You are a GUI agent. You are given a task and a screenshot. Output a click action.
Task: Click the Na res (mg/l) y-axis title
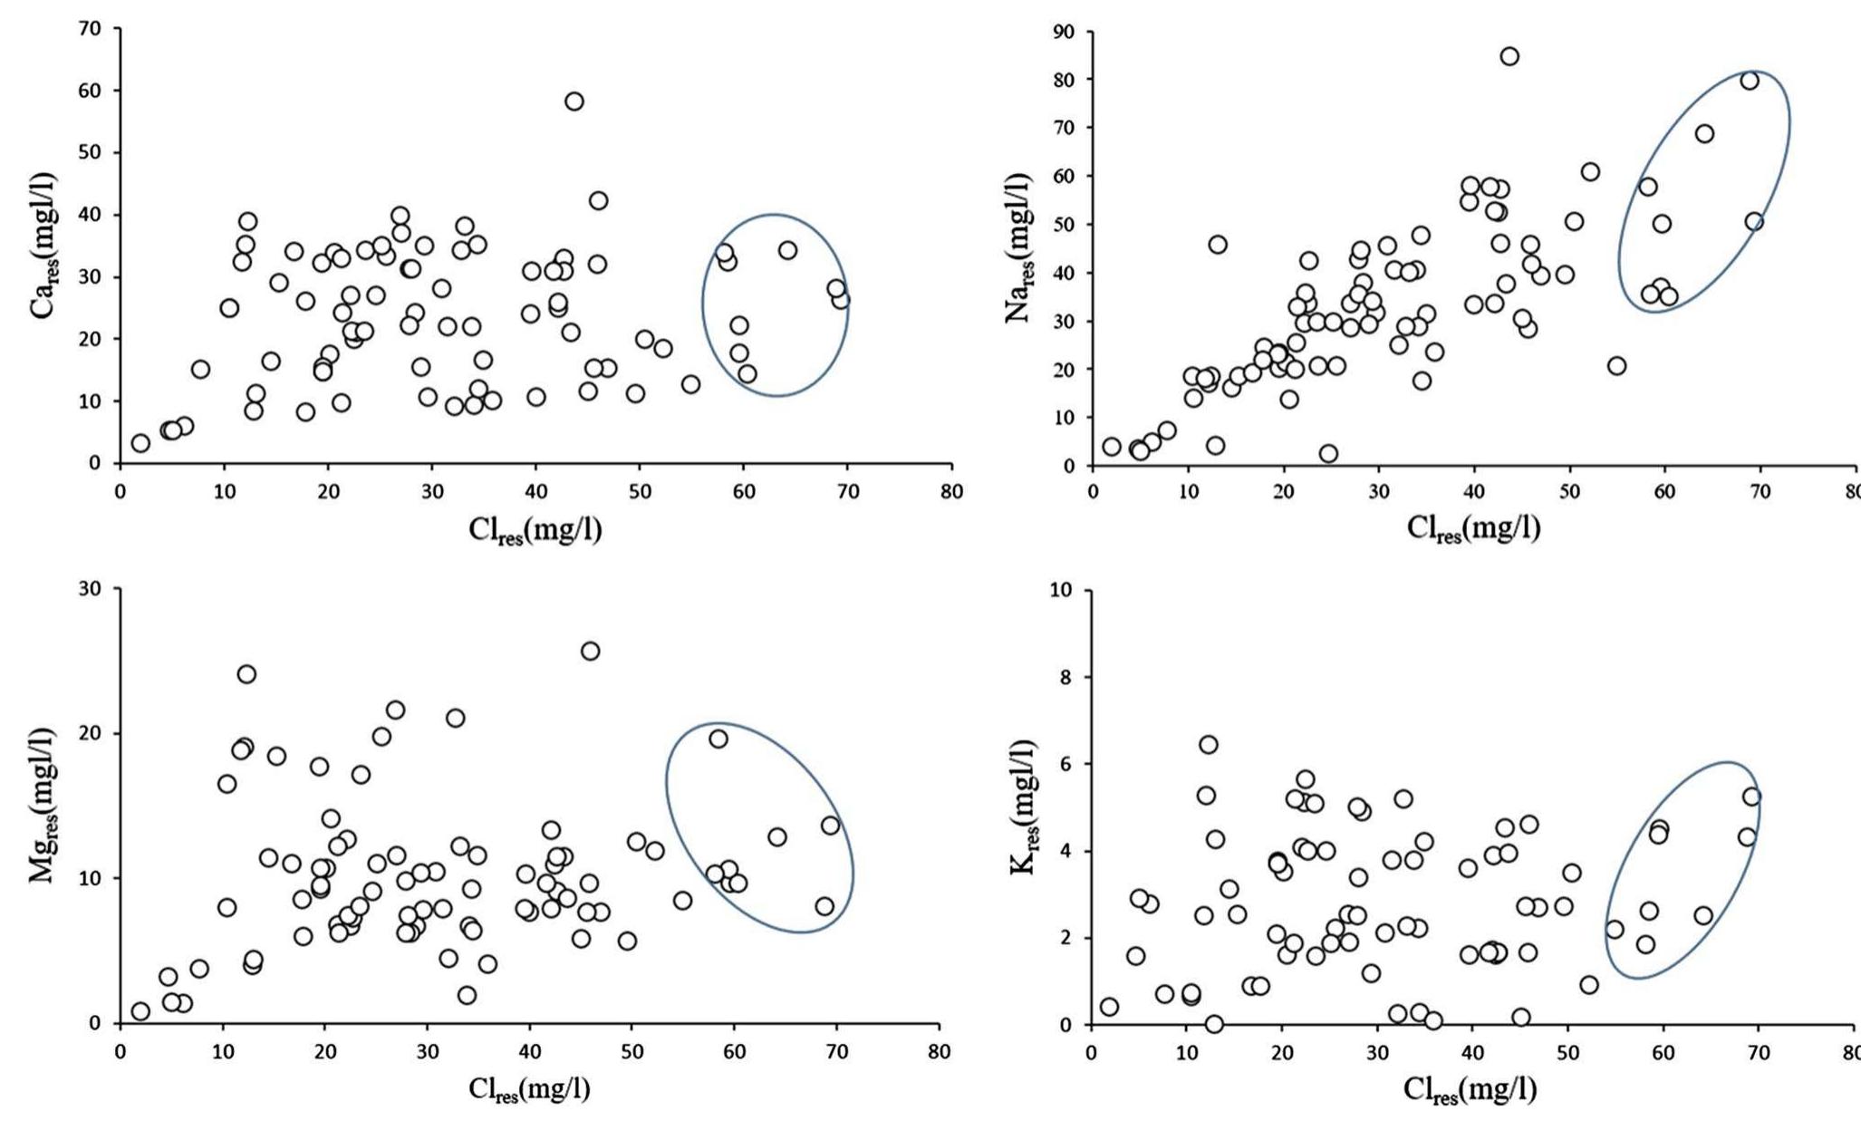click(1019, 246)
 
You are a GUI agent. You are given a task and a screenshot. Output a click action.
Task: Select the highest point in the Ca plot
click(574, 101)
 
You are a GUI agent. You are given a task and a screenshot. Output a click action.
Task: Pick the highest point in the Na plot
click(1509, 56)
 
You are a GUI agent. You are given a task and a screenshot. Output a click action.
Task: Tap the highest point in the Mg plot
click(590, 651)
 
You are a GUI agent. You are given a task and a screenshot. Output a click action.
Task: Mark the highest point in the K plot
click(1208, 745)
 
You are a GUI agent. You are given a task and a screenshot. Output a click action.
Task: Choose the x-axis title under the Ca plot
click(535, 530)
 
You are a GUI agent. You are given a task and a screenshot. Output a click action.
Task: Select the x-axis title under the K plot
click(1470, 1090)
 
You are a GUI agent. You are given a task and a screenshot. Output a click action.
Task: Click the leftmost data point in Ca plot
click(140, 443)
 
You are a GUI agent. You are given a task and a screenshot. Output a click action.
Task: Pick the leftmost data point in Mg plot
click(140, 1011)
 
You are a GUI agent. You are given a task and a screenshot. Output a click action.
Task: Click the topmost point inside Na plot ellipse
click(1750, 81)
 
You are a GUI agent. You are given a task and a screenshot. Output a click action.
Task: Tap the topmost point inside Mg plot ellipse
click(718, 739)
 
